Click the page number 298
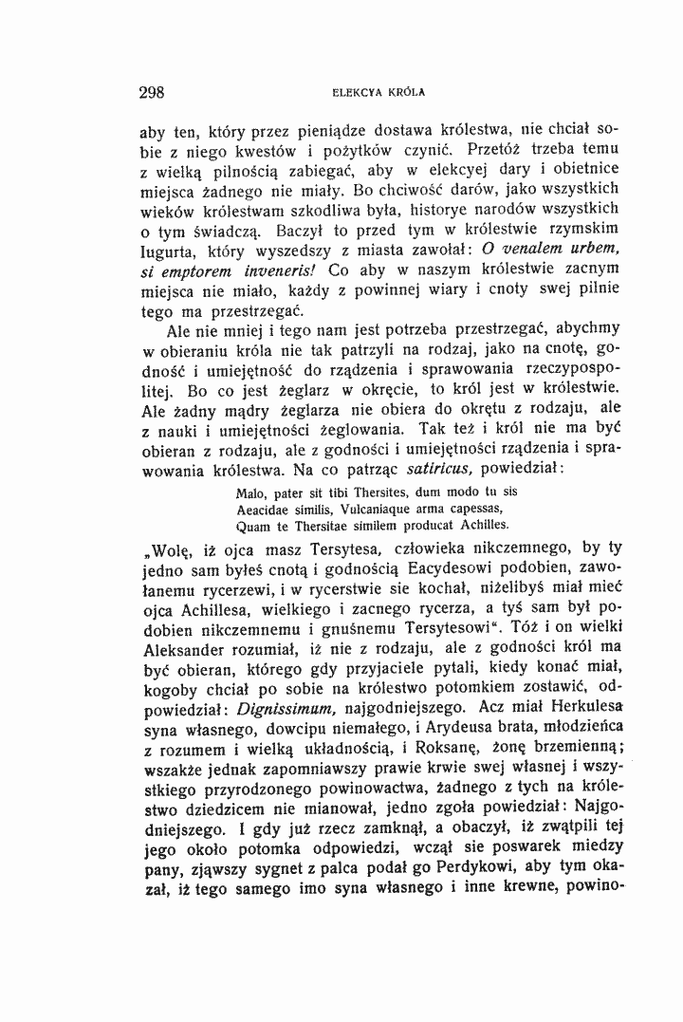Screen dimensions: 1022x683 152,93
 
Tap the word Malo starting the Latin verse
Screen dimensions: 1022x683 249,492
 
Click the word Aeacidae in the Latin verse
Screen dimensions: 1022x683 263,509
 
